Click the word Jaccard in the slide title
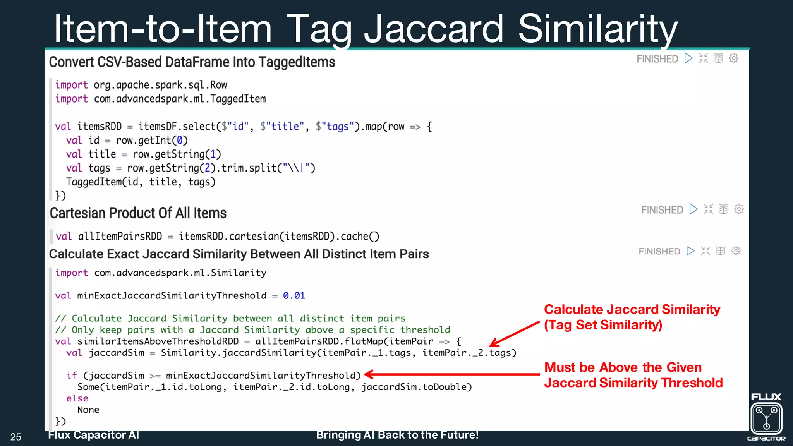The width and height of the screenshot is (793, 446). click(x=434, y=29)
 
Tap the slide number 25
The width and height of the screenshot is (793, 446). click(x=16, y=437)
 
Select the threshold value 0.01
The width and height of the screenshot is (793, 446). click(x=294, y=296)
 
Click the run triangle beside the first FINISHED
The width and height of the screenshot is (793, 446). click(x=688, y=58)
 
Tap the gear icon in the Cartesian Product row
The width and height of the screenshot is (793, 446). click(x=739, y=209)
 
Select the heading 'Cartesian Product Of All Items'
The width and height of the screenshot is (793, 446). click(x=138, y=213)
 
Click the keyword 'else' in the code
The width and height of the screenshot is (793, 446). click(x=77, y=398)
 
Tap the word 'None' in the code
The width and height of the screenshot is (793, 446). click(x=88, y=410)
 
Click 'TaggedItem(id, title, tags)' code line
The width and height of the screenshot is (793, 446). click(x=141, y=182)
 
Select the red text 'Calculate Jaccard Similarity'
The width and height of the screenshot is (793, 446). click(x=632, y=310)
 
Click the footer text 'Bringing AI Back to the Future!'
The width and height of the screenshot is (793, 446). click(x=397, y=435)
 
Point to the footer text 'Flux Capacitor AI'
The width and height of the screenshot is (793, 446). click(x=93, y=435)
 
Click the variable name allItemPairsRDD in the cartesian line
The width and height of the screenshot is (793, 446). click(x=120, y=237)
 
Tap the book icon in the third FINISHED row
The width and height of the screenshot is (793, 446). click(x=720, y=251)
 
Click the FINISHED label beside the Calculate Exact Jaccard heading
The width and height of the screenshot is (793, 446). click(x=659, y=251)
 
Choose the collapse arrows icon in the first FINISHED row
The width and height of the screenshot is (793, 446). click(x=703, y=58)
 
